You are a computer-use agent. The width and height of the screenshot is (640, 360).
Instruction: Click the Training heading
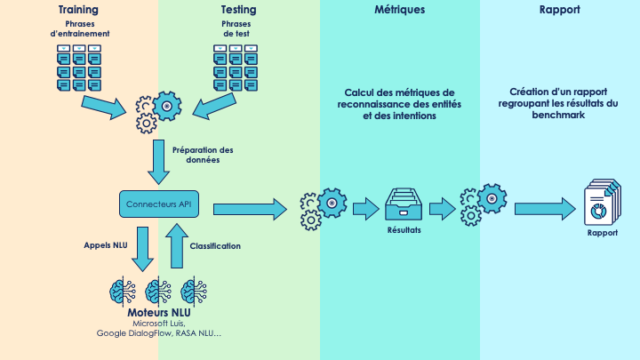pyautogui.click(x=78, y=10)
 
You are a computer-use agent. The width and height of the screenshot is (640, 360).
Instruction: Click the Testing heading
pyautogui.click(x=238, y=10)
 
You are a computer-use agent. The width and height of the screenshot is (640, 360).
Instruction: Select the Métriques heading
pyautogui.click(x=400, y=10)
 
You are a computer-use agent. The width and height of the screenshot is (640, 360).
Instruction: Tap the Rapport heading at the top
pyautogui.click(x=560, y=10)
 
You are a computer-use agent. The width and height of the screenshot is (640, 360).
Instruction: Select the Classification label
pyautogui.click(x=215, y=246)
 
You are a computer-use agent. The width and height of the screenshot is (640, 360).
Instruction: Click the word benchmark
pyautogui.click(x=559, y=115)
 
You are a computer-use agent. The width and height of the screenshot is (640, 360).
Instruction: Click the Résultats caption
pyautogui.click(x=404, y=230)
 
